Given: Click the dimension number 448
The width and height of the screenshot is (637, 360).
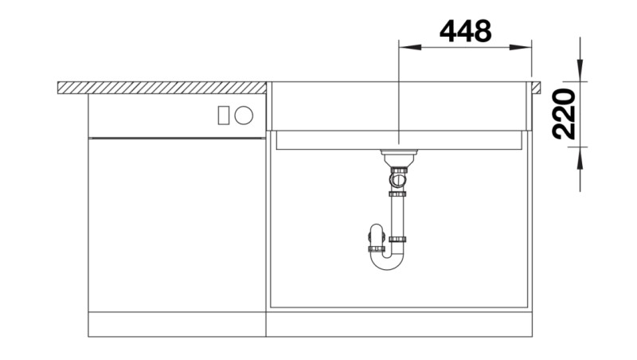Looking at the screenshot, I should click(x=465, y=31).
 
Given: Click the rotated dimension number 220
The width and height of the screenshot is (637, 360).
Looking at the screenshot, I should click(x=564, y=114).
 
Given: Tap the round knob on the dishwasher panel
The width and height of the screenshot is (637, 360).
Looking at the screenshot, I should click(x=244, y=115).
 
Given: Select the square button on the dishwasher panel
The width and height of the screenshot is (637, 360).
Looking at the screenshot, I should click(x=224, y=115).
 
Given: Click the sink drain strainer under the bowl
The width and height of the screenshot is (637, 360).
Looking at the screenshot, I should click(x=397, y=154).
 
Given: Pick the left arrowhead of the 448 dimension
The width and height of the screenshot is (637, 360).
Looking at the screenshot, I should click(x=404, y=47).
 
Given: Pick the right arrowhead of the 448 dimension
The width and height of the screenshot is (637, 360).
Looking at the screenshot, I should click(x=526, y=47).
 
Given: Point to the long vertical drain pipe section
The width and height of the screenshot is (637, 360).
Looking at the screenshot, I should click(x=397, y=215).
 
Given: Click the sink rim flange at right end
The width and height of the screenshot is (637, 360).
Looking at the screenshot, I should click(x=536, y=87).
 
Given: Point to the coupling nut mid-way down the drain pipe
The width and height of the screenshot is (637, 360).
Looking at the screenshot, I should click(x=397, y=193).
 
